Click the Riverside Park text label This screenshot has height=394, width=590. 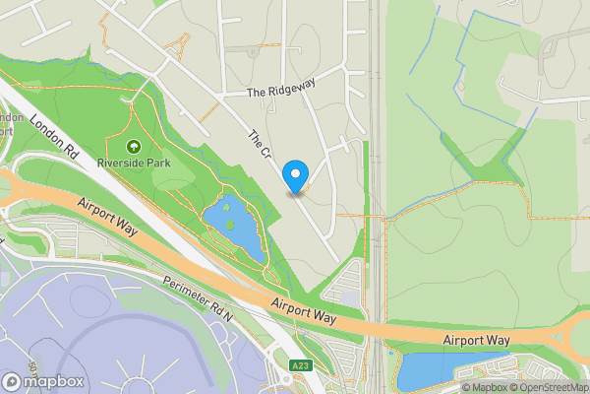[x=133, y=163]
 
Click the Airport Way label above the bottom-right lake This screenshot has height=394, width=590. [x=476, y=340]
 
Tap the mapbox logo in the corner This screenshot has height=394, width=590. [x=43, y=381]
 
